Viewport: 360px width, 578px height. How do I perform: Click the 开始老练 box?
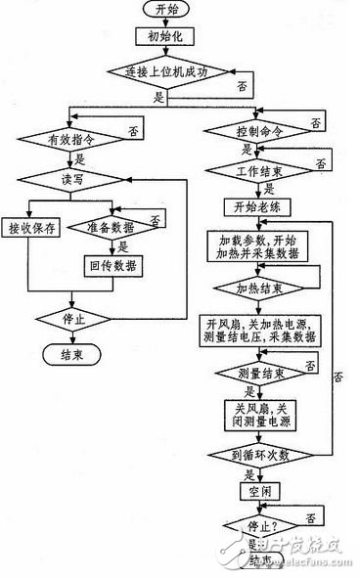[257, 207]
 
